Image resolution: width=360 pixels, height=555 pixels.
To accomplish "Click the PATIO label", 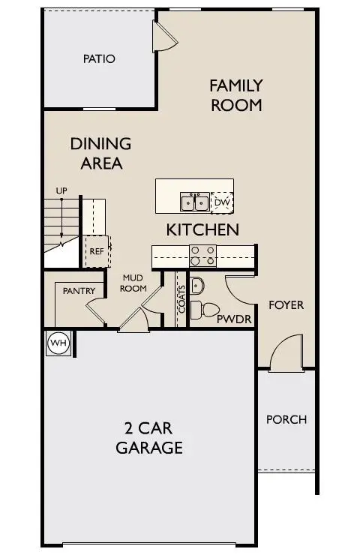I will pos(100,58).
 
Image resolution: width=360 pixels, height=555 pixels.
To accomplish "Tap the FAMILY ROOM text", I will pos(235,94).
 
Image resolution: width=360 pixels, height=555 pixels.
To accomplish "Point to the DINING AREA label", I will pos(100,153).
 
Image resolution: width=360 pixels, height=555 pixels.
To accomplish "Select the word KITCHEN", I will pos(202,229).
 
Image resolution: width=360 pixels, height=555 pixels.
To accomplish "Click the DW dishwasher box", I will pos(222,202).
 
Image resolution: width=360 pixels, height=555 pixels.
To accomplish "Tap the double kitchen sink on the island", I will pos(194,202).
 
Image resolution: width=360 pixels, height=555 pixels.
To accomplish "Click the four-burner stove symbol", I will pos(202,256).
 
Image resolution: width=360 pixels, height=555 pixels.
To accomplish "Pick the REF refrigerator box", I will pos(97,251).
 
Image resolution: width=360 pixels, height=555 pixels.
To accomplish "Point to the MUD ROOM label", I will pos(133,283).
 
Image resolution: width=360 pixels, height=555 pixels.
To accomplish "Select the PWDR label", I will pos(232,319).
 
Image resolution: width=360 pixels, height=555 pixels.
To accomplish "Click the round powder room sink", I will pos(196,285).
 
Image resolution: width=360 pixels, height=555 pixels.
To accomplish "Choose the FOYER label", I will pos(286,305).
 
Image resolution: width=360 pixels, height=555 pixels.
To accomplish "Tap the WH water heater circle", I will pos(58,343).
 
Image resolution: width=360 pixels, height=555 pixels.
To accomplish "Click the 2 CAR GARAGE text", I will pos(149,439).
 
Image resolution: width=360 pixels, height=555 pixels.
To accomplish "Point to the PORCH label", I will pos(286,419).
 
